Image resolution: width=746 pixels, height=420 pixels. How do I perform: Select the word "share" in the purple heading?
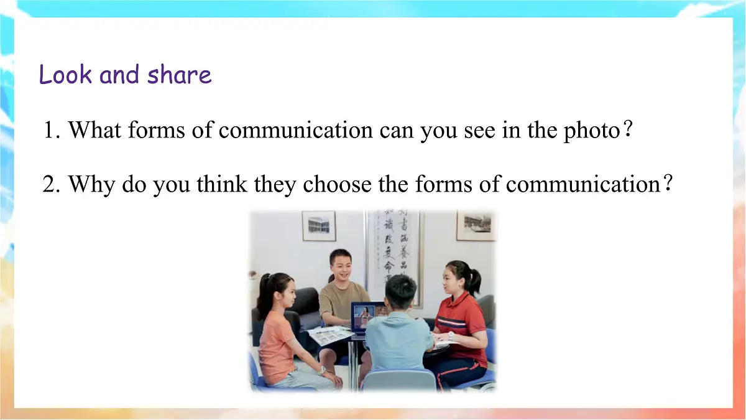pos(180,75)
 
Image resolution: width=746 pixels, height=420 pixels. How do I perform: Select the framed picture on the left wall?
pos(319,225)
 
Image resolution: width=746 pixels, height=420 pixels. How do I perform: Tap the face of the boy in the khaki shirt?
pos(341,265)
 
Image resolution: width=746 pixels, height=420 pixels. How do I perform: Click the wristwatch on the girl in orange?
pos(322,370)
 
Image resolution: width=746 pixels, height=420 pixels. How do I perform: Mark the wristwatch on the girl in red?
pos(451,335)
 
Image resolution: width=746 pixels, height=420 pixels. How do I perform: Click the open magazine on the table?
pos(330,335)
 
